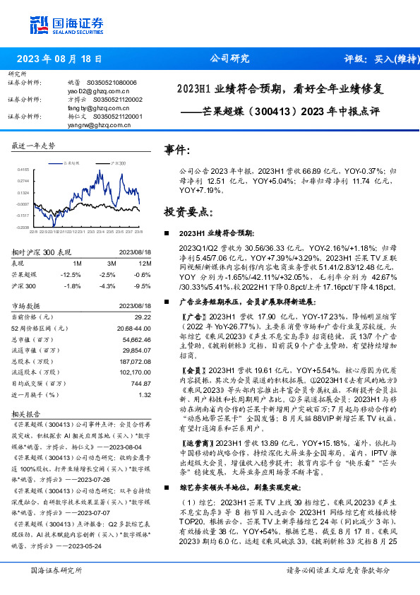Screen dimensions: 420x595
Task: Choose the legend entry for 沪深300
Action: point(117,163)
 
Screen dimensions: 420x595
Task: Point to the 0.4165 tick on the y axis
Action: point(23,170)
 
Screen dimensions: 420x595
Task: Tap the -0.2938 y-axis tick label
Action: point(22,228)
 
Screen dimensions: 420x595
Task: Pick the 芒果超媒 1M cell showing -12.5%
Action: point(71,273)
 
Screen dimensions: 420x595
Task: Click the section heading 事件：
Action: point(177,151)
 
